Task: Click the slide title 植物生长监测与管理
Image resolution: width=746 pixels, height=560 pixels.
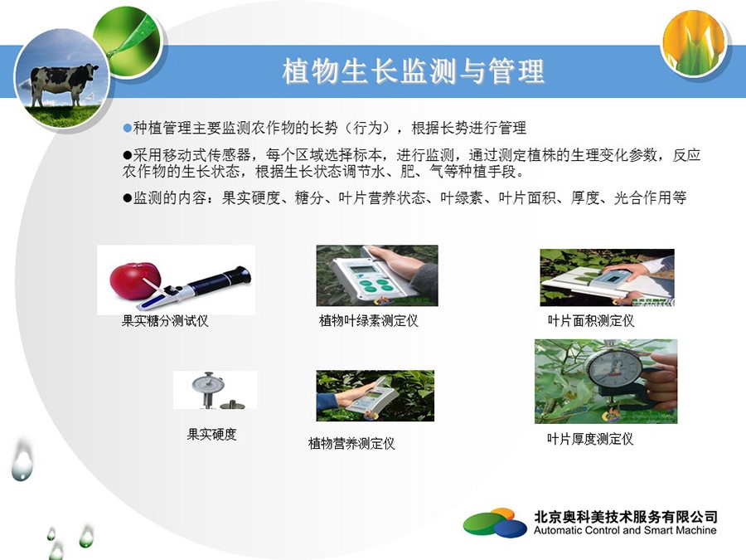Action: pyautogui.click(x=413, y=71)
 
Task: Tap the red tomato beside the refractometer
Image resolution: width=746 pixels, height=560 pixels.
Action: pyautogui.click(x=135, y=281)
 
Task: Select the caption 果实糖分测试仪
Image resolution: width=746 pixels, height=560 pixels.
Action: pyautogui.click(x=165, y=321)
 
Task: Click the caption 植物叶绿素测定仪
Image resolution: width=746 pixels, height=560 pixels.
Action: pyautogui.click(x=368, y=321)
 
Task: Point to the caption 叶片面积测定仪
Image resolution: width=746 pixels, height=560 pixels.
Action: pyautogui.click(x=591, y=321)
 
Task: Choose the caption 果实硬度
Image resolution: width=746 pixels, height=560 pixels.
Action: pyautogui.click(x=211, y=434)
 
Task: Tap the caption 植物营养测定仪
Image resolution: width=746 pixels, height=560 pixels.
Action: pyautogui.click(x=351, y=444)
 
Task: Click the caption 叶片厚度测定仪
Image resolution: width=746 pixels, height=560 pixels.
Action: pyautogui.click(x=590, y=439)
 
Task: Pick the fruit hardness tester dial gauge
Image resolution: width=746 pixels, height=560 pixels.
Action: pyautogui.click(x=206, y=385)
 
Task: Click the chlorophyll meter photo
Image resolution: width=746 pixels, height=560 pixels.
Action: pyautogui.click(x=377, y=275)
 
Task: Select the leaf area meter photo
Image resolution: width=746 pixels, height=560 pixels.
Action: pyautogui.click(x=607, y=277)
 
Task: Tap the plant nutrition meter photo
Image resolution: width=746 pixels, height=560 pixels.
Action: pyautogui.click(x=375, y=396)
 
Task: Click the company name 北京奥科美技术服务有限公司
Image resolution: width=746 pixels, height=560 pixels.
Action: pyautogui.click(x=625, y=517)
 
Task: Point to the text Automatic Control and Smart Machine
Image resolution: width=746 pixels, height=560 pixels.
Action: pyautogui.click(x=625, y=530)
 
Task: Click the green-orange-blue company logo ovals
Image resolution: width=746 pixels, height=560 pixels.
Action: pyautogui.click(x=495, y=523)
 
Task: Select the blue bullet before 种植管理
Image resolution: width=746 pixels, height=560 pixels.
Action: pyautogui.click(x=127, y=128)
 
